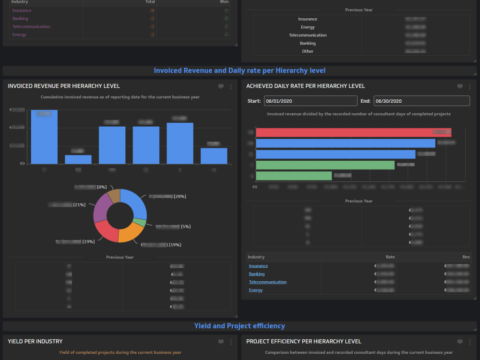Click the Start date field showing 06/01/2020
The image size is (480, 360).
click(x=310, y=101)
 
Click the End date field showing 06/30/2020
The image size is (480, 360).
click(x=421, y=101)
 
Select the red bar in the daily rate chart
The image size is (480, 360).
click(x=353, y=132)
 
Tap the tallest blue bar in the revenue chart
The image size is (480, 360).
click(x=44, y=137)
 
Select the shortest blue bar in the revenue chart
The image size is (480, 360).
click(x=78, y=159)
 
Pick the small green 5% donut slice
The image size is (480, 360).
click(x=140, y=223)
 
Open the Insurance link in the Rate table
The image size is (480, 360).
click(x=258, y=266)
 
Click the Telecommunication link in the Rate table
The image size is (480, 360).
click(x=267, y=282)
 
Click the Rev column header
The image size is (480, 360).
click(x=466, y=257)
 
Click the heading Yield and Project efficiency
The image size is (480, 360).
click(x=240, y=326)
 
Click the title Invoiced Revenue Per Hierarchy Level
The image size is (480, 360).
click(x=64, y=86)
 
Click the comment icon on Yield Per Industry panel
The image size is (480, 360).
click(x=221, y=342)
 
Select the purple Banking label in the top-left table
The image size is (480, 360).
click(x=20, y=19)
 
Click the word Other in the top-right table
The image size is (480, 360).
click(x=308, y=51)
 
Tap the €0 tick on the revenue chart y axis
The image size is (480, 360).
click(x=22, y=164)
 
